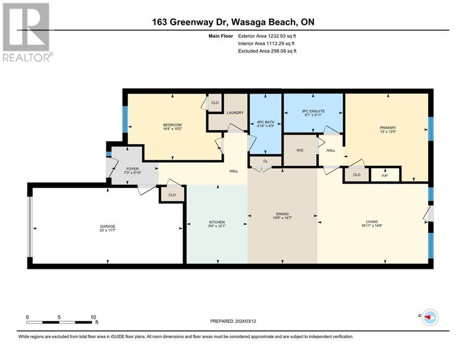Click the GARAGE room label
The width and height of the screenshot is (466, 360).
(108, 226)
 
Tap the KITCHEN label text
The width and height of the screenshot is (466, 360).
(217, 222)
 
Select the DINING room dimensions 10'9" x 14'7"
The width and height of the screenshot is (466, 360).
(282, 218)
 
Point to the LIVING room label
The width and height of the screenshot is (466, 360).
(372, 222)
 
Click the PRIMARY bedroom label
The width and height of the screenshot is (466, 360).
(388, 127)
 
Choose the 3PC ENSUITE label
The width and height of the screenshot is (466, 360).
(313, 111)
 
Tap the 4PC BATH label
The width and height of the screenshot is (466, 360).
(266, 122)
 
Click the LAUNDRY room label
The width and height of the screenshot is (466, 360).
(235, 113)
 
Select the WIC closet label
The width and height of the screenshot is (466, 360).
(300, 150)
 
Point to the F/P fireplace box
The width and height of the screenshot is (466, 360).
(385, 174)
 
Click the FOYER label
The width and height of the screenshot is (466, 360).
(133, 169)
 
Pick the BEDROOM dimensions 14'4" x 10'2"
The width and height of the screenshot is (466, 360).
(172, 129)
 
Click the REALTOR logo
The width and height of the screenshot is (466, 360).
(26, 32)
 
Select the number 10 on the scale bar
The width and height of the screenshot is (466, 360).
(93, 317)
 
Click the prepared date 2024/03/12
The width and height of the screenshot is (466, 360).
(245, 321)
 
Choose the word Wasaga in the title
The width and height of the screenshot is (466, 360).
(248, 22)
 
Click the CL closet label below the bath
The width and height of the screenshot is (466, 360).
(266, 161)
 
